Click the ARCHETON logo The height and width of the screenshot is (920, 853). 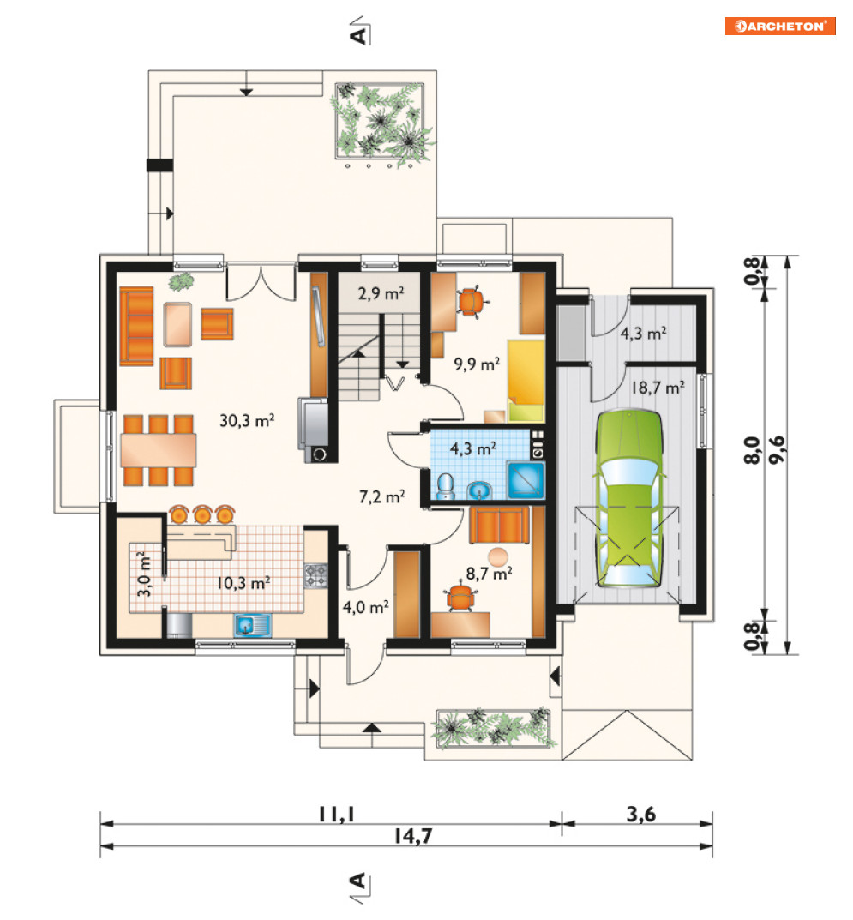click(779, 27)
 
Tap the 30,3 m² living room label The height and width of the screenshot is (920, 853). click(247, 420)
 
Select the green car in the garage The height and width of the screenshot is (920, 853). click(628, 499)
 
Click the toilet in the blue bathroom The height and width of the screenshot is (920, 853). click(446, 486)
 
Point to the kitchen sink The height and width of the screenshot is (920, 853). click(252, 625)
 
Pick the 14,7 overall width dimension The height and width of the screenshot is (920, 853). click(413, 835)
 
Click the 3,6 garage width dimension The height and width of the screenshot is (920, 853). click(640, 814)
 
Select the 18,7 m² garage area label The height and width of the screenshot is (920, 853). click(658, 388)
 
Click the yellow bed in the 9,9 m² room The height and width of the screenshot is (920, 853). click(526, 380)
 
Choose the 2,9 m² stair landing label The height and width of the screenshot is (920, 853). click(381, 292)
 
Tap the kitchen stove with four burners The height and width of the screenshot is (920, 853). click(315, 575)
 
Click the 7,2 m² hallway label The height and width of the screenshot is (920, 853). click(381, 497)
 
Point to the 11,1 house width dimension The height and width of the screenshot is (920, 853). click(337, 814)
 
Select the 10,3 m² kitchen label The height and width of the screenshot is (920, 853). click(243, 583)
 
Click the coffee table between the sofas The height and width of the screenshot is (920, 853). click(177, 324)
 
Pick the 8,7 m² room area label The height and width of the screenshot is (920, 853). click(489, 573)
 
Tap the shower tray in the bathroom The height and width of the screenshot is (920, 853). click(526, 480)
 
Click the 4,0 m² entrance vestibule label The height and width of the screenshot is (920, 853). click(365, 607)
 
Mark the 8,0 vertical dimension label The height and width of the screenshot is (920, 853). click(752, 451)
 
